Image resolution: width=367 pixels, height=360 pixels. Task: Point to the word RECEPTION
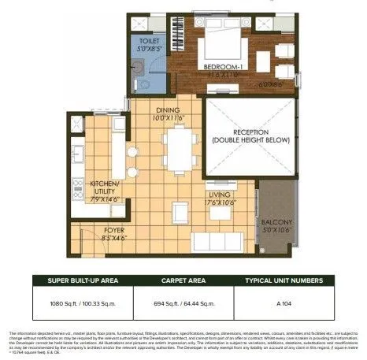click(250, 132)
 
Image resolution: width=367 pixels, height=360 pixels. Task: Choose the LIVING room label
click(218, 194)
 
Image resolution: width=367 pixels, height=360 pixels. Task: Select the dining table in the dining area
click(180, 150)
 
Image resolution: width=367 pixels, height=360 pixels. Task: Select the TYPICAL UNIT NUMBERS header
click(285, 279)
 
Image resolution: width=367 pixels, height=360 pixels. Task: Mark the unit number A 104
click(285, 302)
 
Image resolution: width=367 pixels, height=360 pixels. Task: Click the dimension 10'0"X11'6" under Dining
click(168, 118)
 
